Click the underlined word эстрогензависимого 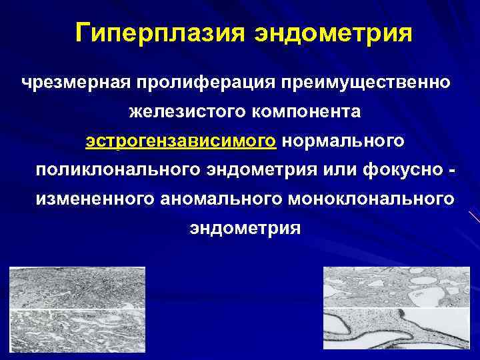[181, 141]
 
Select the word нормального [344, 141]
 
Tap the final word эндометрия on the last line [245, 228]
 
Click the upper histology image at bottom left [77, 287]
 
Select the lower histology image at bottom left [77, 333]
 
